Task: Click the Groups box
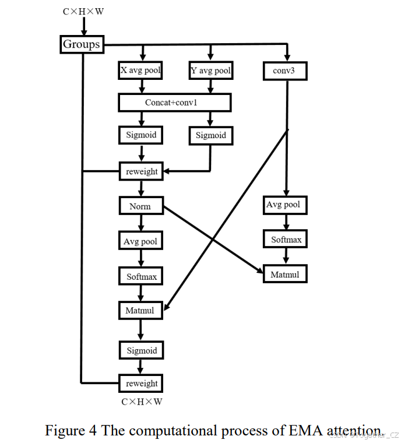[x=82, y=44]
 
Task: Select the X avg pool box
[x=140, y=71]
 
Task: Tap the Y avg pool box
[x=210, y=71]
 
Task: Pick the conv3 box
[x=285, y=71]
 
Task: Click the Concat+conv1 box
[x=175, y=103]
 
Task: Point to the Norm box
[x=140, y=206]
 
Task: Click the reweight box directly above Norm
[x=142, y=171]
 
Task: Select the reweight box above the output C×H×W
[x=142, y=383]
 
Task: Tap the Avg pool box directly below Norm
[x=140, y=241]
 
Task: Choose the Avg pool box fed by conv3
[x=284, y=205]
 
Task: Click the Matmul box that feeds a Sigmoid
[x=140, y=310]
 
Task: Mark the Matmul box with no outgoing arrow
[x=284, y=273]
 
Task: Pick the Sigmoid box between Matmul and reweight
[x=142, y=350]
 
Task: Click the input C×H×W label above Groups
[x=83, y=10]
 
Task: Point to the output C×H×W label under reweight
[x=142, y=402]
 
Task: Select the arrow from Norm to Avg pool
[x=140, y=223]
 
